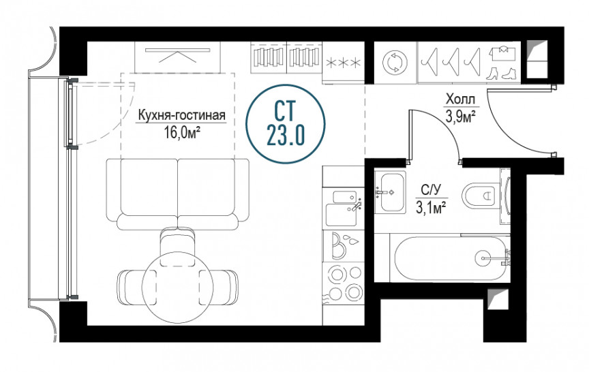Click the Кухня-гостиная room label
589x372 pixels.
182,115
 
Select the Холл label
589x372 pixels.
460,100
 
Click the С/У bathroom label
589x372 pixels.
430,190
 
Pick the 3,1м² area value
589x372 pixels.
430,207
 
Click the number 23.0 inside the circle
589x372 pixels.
286,134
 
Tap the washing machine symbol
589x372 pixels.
395,61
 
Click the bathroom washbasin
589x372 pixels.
391,192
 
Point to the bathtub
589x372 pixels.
451,258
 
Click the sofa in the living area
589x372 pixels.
178,194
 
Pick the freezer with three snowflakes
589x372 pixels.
344,62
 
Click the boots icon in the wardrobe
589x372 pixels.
501,74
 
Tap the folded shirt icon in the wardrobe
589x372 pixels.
501,53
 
